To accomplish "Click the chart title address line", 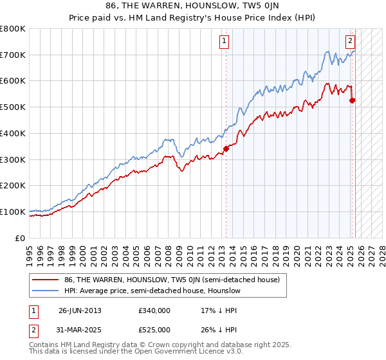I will (x=192, y=6).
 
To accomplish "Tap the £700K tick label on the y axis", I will (x=13, y=55).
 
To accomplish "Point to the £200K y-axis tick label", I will (x=13, y=186).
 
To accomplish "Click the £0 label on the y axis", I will (x=20, y=238).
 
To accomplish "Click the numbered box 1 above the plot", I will (x=225, y=42).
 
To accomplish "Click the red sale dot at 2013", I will (x=226, y=148).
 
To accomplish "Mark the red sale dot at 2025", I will (x=352, y=100).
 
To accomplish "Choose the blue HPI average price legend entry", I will (x=152, y=291).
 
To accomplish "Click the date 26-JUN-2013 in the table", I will (x=80, y=310).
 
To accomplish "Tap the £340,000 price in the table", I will (x=154, y=310).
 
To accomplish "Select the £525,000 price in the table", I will (x=154, y=330).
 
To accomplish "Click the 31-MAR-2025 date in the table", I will (x=80, y=330).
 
